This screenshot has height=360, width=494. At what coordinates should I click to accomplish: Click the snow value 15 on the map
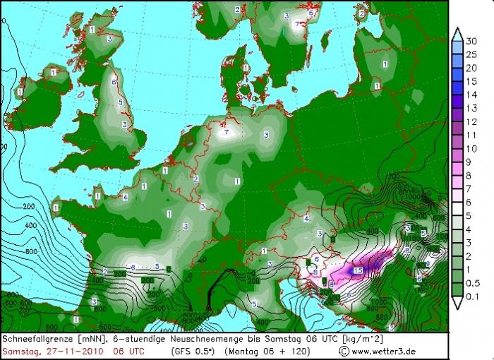(358, 270)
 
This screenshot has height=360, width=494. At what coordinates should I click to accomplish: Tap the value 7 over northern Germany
(226, 132)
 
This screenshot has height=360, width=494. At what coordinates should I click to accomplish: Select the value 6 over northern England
(113, 82)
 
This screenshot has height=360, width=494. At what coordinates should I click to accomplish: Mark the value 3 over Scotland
(110, 40)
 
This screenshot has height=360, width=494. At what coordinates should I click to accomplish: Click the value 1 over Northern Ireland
(54, 71)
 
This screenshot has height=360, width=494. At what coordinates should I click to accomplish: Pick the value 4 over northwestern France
(125, 198)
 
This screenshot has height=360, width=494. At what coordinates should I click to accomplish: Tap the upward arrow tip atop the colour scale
(458, 30)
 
